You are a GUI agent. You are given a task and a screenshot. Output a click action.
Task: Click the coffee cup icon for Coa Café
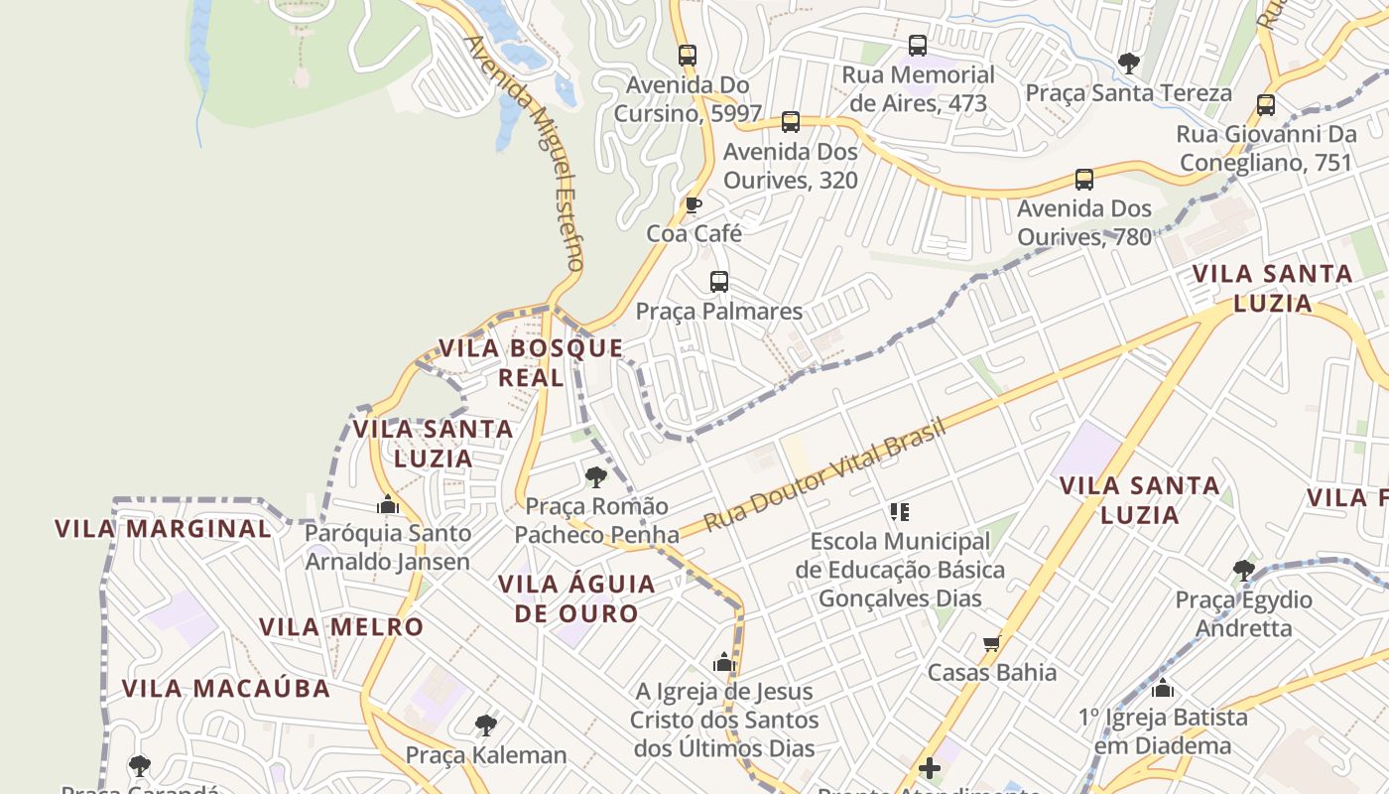pos(694,205)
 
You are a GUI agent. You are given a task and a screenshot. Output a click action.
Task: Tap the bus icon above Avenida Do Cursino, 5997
pos(688,56)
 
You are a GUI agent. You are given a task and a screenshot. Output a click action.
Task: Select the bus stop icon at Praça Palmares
pos(719,282)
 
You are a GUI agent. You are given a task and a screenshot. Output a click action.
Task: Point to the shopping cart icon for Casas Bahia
pos(991,643)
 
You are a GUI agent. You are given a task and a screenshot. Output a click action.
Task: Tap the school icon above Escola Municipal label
pos(900,512)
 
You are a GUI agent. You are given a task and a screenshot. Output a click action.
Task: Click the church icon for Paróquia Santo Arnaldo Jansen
pos(388,504)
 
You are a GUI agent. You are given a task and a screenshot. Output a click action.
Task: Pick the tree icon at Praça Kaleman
pos(485,726)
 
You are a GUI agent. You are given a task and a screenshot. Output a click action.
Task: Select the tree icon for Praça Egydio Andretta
pos(1243,571)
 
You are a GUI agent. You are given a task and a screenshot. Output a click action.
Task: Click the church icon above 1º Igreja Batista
pos(1163,687)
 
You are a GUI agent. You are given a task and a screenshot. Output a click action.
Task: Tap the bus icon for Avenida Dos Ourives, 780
pos(1084,180)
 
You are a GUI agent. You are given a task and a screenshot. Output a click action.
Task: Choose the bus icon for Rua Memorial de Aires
pos(918,46)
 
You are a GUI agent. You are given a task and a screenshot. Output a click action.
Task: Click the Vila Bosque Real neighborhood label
pos(531,362)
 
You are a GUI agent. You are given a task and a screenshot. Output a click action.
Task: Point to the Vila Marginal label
pos(163,529)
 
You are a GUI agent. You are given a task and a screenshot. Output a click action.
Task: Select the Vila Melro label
pos(341,627)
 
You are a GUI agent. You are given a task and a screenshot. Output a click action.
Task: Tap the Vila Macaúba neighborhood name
pos(226,688)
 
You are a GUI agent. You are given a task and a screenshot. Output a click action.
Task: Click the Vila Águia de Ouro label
pos(576,598)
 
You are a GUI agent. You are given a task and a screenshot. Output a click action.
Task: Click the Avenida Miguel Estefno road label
pos(524,154)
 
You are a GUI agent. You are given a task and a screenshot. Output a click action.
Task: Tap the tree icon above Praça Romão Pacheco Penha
pos(596,477)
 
